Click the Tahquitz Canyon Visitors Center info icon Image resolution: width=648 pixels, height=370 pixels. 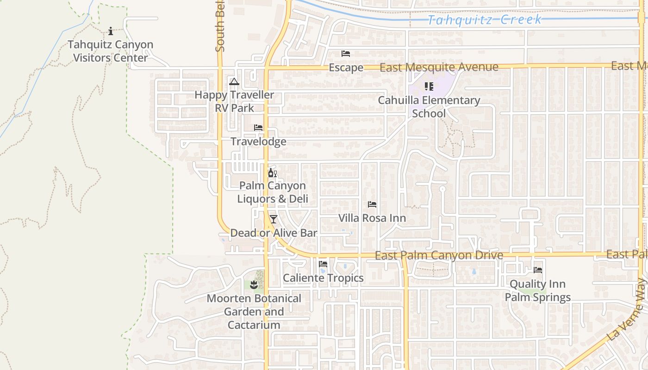(x=111, y=31)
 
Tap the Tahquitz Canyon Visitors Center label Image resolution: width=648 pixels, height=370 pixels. (x=111, y=51)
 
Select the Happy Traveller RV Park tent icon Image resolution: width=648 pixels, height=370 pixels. (x=234, y=82)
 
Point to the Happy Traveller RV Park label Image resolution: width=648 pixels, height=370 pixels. (x=234, y=101)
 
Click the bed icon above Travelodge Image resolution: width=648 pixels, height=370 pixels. (x=258, y=128)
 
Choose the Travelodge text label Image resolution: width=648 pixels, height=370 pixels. (x=258, y=142)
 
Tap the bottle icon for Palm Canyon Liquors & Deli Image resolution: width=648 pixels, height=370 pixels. (x=272, y=173)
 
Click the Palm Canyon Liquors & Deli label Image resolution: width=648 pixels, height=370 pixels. (x=272, y=192)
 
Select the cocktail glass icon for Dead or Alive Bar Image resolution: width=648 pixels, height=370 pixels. (x=274, y=219)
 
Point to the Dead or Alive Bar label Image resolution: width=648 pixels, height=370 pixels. (x=274, y=233)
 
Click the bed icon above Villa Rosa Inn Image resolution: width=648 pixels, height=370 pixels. (x=372, y=204)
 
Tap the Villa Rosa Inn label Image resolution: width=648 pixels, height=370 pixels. (x=372, y=218)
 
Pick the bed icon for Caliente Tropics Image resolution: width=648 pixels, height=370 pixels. (x=323, y=264)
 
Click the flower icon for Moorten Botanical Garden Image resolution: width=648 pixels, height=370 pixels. (x=254, y=285)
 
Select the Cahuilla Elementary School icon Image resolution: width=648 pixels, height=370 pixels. (x=429, y=86)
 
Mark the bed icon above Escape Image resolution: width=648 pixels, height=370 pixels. (x=346, y=54)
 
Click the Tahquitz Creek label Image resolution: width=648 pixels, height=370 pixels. (x=484, y=20)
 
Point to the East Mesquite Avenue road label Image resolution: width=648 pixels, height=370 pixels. (x=439, y=68)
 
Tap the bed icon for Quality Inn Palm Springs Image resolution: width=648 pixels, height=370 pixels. (x=538, y=270)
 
